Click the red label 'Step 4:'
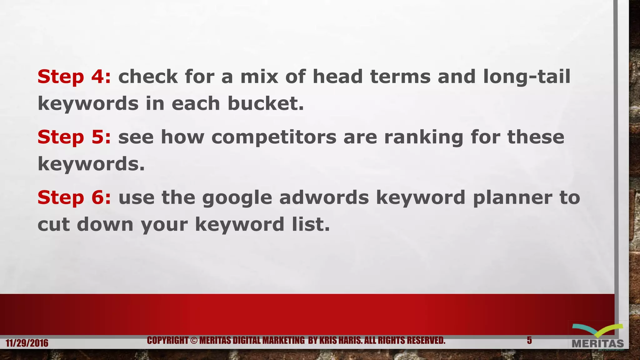[74, 77]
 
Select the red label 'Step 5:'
[74, 137]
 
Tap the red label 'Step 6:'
[74, 197]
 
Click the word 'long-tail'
[527, 77]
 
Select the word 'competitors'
[274, 137]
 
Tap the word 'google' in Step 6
[237, 198]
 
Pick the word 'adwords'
[324, 197]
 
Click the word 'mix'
[259, 77]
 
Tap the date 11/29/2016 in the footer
[27, 343]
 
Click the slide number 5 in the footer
[529, 340]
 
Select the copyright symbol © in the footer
[194, 340]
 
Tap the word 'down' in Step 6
[105, 224]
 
